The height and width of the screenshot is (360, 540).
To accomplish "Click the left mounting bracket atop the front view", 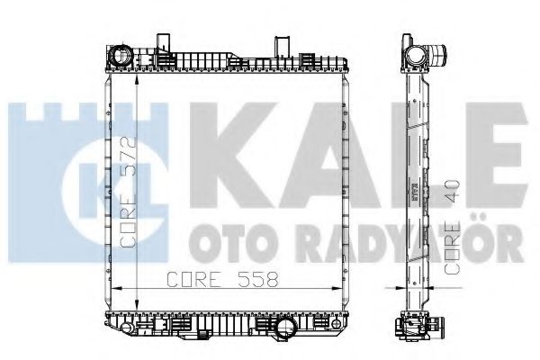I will pos(166,44).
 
